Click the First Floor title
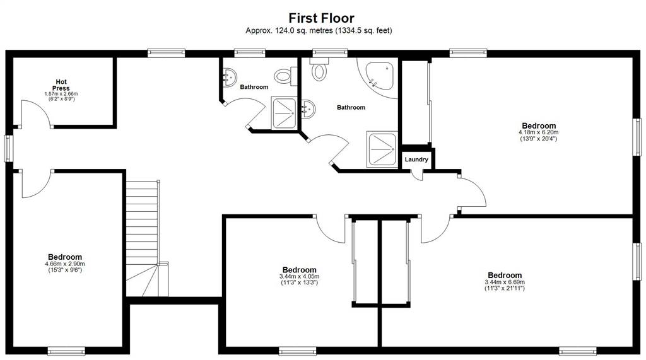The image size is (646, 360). click(x=321, y=18)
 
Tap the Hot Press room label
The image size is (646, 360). click(x=61, y=85)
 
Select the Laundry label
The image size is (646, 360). click(x=416, y=160)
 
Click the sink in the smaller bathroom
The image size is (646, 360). click(x=229, y=76)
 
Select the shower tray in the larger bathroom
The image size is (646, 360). click(x=383, y=149)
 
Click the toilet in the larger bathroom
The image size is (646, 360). click(x=319, y=68)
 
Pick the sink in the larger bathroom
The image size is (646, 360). click(x=308, y=109)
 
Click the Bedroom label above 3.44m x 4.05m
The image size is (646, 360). click(x=300, y=270)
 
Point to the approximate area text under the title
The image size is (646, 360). click(x=319, y=30)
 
